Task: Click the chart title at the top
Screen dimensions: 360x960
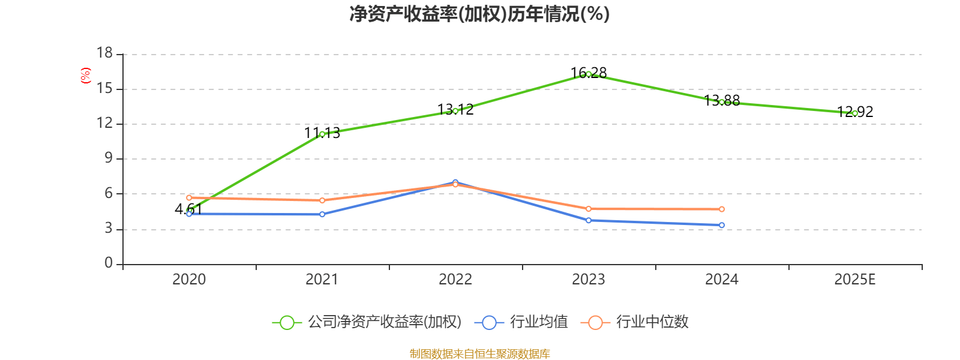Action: point(479,14)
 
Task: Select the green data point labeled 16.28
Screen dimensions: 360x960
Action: point(589,74)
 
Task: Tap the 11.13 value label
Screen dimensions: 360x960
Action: point(322,133)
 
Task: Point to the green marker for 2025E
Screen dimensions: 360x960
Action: point(855,113)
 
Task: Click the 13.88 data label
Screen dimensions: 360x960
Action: point(722,100)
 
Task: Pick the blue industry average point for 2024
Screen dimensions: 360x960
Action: point(722,226)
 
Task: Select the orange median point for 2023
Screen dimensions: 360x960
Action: point(589,209)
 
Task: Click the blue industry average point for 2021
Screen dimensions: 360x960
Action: point(322,214)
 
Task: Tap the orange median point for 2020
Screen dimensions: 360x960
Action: point(189,197)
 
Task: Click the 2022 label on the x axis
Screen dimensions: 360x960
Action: point(455,280)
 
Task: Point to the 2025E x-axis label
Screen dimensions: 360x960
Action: point(855,280)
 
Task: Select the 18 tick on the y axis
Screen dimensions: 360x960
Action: point(105,53)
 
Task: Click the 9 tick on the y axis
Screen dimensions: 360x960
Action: point(109,158)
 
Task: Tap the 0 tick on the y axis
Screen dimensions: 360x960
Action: point(109,263)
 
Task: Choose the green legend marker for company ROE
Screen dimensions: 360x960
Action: point(287,322)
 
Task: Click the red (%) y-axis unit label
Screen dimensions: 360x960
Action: point(85,75)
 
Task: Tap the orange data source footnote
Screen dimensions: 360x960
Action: point(479,354)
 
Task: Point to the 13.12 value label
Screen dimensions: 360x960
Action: point(455,109)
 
